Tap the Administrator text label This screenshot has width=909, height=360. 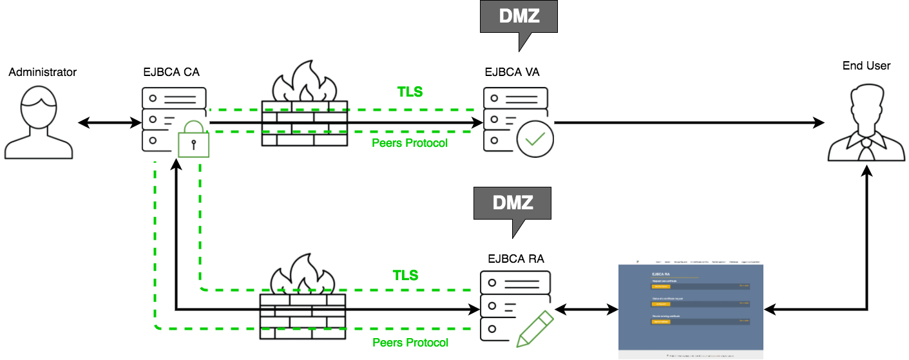(x=43, y=72)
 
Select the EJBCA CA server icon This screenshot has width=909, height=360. (x=174, y=120)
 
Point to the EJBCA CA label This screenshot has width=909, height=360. (x=171, y=72)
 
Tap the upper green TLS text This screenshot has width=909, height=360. (x=410, y=92)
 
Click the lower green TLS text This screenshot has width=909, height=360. (x=405, y=276)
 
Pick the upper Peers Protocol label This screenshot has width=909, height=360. (x=410, y=143)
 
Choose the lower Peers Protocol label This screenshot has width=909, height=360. (x=410, y=343)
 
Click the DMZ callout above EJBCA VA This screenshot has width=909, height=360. (x=518, y=18)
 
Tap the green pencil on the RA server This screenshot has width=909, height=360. (x=535, y=328)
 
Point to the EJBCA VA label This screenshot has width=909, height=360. (x=512, y=72)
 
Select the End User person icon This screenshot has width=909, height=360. (x=866, y=126)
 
